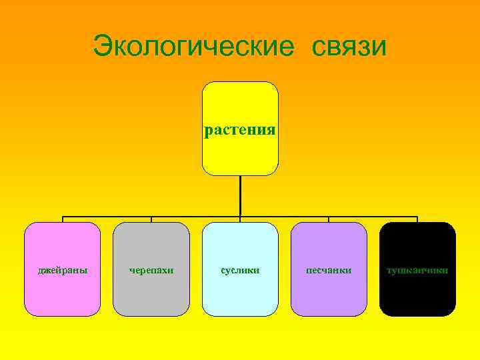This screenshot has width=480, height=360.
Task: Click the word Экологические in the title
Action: click(x=194, y=47)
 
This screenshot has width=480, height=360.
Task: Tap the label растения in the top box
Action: click(x=240, y=129)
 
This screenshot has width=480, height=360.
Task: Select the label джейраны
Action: click(x=63, y=270)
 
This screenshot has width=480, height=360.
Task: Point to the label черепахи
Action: click(x=151, y=270)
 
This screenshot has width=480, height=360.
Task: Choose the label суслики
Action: click(x=240, y=270)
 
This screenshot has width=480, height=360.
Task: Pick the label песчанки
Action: click(x=329, y=270)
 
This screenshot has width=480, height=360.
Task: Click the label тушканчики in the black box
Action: click(x=417, y=270)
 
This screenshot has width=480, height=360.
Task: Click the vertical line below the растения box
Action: click(x=240, y=196)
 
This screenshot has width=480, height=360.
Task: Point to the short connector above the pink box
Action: click(x=63, y=219)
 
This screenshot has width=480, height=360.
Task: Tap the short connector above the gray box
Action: click(x=151, y=219)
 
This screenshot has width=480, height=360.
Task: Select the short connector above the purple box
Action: click(x=329, y=219)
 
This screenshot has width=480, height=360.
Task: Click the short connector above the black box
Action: click(x=417, y=219)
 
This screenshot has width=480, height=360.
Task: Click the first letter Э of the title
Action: click(x=102, y=47)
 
